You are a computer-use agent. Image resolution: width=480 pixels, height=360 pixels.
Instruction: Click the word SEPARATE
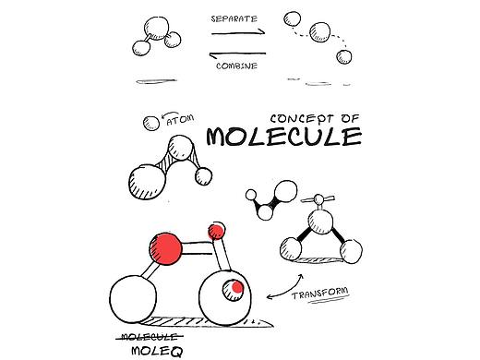click(x=234, y=18)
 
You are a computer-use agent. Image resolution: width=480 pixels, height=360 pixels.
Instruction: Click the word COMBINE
click(x=236, y=66)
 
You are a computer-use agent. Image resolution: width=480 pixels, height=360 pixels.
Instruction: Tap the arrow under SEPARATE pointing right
click(x=238, y=32)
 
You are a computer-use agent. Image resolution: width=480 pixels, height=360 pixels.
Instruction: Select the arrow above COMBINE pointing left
click(x=237, y=54)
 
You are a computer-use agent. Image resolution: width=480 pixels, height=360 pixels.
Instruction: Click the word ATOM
click(x=180, y=120)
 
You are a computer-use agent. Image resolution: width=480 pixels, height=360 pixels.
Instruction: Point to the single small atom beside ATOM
click(x=151, y=124)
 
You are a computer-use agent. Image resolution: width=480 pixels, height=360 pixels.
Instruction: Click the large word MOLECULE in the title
click(x=284, y=137)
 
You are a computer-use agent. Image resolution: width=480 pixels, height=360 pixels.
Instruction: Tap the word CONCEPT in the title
click(x=297, y=119)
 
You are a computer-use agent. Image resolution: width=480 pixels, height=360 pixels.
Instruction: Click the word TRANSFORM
click(x=320, y=293)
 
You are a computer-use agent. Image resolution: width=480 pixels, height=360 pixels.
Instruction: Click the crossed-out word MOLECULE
click(x=150, y=337)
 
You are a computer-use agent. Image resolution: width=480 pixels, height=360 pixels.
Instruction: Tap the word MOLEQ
click(x=157, y=352)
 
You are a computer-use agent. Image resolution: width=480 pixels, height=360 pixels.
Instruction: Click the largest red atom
click(x=166, y=248)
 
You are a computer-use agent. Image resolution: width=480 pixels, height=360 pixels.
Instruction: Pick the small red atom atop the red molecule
click(x=216, y=231)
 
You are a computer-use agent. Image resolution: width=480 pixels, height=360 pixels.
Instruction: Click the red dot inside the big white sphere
click(x=237, y=287)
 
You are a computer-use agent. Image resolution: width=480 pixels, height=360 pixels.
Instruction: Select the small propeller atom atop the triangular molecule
click(x=318, y=199)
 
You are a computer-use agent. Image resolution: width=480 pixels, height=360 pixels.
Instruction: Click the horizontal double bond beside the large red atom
click(x=197, y=248)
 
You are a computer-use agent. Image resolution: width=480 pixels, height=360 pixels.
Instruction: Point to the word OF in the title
click(x=350, y=118)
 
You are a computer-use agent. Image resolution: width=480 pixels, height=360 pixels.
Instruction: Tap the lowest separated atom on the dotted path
click(x=344, y=57)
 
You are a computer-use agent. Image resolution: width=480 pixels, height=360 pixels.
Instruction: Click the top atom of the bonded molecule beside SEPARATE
click(x=157, y=29)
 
